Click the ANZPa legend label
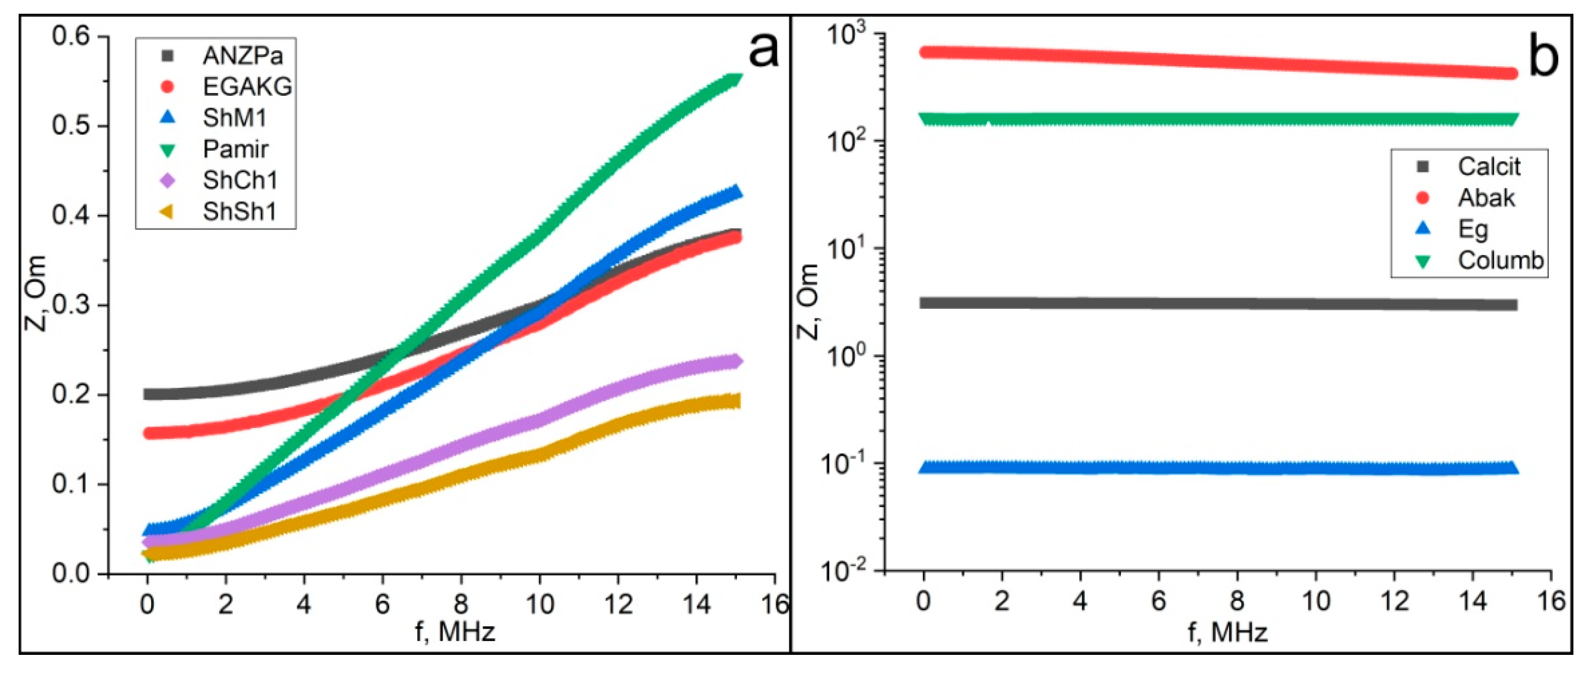(x=243, y=56)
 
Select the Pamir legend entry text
(x=235, y=149)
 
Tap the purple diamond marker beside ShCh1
(x=168, y=180)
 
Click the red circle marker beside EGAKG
(x=168, y=87)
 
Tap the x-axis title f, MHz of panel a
(x=455, y=632)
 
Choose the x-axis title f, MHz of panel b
(x=1228, y=632)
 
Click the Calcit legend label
(x=1489, y=166)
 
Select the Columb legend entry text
(x=1500, y=260)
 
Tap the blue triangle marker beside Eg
(x=1424, y=228)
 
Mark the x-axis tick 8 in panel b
(x=1237, y=601)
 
